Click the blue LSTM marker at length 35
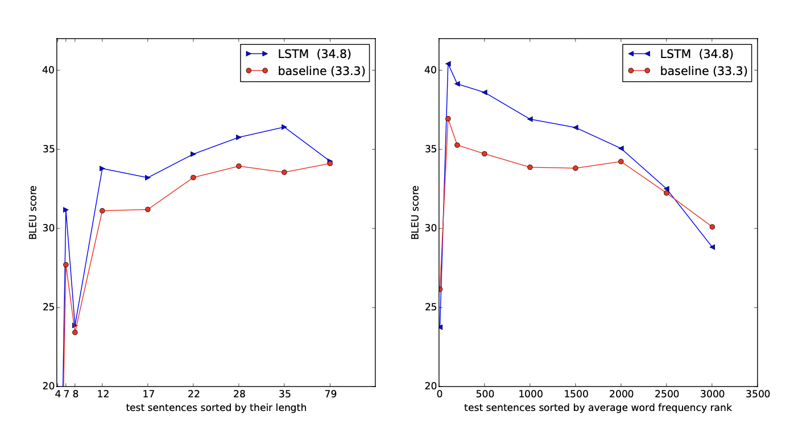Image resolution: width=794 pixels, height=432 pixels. pyautogui.click(x=284, y=127)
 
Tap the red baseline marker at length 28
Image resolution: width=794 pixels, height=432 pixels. pyautogui.click(x=239, y=166)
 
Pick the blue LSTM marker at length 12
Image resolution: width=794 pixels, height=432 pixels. pyautogui.click(x=102, y=168)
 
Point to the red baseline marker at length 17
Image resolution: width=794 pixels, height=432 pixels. pyautogui.click(x=148, y=209)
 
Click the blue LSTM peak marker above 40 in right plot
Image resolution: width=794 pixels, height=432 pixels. pyautogui.click(x=448, y=64)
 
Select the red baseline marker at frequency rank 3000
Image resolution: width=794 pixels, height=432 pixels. pyautogui.click(x=712, y=227)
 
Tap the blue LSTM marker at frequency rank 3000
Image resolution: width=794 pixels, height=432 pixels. pyautogui.click(x=712, y=247)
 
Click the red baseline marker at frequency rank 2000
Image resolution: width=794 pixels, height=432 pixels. pyautogui.click(x=621, y=161)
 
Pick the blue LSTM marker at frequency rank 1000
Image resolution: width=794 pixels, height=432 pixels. pyautogui.click(x=530, y=119)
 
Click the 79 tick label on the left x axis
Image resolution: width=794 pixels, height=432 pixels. pyautogui.click(x=330, y=393)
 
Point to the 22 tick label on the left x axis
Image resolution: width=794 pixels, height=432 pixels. pyautogui.click(x=193, y=393)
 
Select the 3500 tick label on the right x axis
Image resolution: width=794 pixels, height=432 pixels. pyautogui.click(x=758, y=393)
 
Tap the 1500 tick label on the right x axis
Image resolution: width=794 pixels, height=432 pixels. pyautogui.click(x=576, y=393)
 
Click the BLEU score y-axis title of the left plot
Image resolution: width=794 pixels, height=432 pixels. pyautogui.click(x=34, y=212)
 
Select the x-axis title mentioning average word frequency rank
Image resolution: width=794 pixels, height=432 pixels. pyautogui.click(x=598, y=408)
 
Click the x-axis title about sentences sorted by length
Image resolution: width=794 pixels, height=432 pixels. pyautogui.click(x=216, y=408)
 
